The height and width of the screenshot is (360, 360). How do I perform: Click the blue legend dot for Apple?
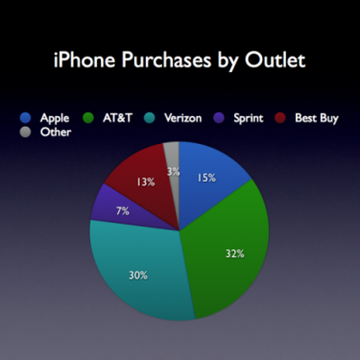[x=26, y=118]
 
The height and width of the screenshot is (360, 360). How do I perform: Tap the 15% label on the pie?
[x=207, y=178]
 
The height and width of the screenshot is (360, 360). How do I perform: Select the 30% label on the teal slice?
[x=137, y=275]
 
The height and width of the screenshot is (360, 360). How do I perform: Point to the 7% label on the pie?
[x=123, y=211]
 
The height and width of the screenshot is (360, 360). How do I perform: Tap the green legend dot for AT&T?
[x=87, y=118]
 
